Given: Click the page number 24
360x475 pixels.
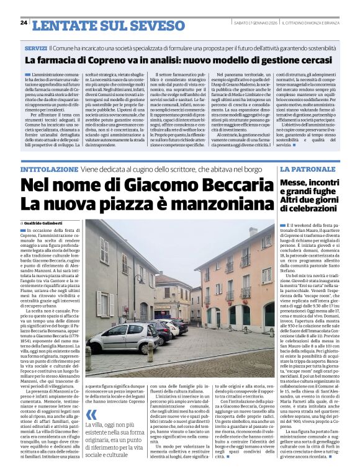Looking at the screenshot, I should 24,22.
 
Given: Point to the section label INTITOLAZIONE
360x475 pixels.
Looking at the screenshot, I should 50,169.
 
